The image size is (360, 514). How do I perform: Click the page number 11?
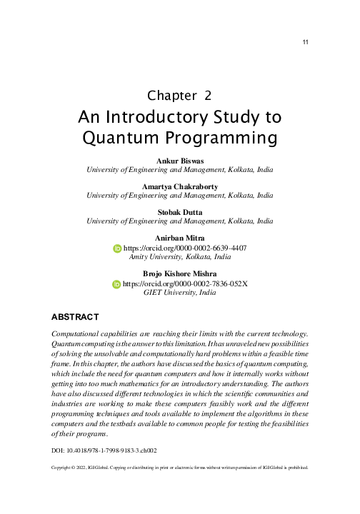[305, 43]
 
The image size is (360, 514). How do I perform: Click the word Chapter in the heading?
[170, 95]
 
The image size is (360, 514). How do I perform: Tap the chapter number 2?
[208, 95]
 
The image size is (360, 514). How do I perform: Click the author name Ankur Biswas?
[179, 161]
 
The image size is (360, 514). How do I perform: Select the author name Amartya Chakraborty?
[179, 186]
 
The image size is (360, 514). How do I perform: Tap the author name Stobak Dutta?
[179, 212]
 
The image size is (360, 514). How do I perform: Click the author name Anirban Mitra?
[179, 237]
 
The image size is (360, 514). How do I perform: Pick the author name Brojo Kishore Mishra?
[179, 274]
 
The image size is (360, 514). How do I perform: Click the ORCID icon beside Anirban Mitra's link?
[118, 248]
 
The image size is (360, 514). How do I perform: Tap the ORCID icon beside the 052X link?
[118, 284]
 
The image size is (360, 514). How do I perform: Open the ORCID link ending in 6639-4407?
[185, 248]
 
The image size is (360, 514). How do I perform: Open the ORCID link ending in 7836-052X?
[185, 284]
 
